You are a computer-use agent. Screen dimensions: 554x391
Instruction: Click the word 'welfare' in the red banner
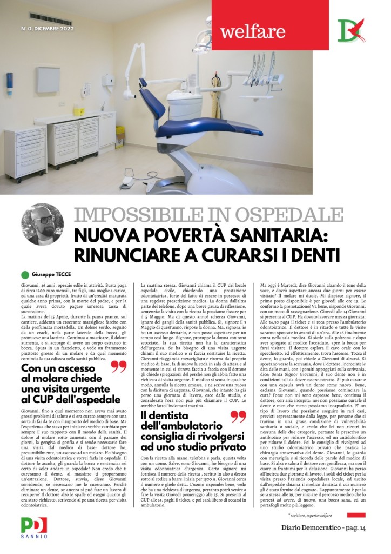pos(252,31)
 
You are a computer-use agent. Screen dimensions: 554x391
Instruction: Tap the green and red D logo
pos(350,30)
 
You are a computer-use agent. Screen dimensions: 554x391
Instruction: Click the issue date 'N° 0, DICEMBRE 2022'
pos(48,28)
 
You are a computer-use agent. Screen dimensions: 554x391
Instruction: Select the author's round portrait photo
pos(42,225)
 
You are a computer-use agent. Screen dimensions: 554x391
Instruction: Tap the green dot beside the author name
pos(25,274)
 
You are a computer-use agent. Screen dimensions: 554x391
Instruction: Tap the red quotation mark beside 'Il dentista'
pos(238,417)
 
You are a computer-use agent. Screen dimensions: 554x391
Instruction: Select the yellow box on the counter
pos(79,111)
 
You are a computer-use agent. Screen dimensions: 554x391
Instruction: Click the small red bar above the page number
pos(356,515)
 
